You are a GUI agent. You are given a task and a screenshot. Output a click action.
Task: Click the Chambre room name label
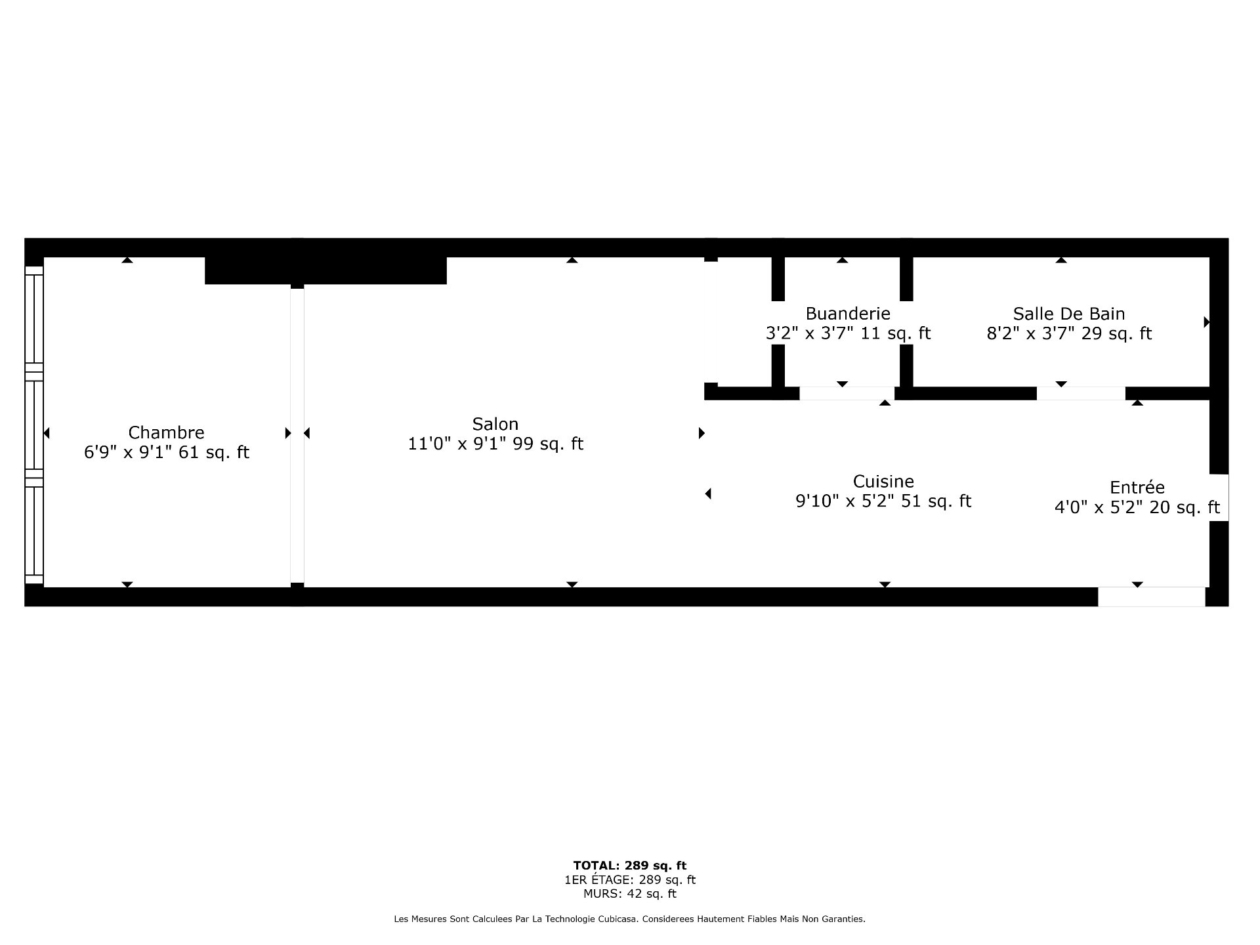click(x=166, y=432)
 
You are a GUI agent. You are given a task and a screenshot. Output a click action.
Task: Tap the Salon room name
click(x=495, y=424)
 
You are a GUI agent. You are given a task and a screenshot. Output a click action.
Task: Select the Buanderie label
click(x=848, y=314)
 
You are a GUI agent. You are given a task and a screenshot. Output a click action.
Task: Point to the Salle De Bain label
click(x=1069, y=314)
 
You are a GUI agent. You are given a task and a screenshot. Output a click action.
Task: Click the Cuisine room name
click(x=883, y=481)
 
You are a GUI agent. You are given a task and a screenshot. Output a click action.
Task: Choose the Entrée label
click(x=1137, y=487)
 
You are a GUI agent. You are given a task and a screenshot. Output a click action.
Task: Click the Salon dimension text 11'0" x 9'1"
click(x=457, y=444)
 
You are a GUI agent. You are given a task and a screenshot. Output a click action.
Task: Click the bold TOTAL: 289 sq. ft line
click(x=630, y=866)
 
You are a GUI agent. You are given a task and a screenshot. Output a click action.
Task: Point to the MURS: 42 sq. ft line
click(x=630, y=894)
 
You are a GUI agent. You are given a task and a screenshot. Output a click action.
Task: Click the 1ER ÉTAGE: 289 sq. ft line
click(x=630, y=880)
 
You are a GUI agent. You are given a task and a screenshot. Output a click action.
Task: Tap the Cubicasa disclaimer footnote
click(x=630, y=919)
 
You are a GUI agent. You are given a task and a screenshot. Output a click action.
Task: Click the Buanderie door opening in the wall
click(x=847, y=394)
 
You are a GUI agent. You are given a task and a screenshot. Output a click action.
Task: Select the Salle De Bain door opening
click(x=1081, y=394)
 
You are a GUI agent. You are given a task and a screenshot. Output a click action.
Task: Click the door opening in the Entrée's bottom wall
click(x=1152, y=597)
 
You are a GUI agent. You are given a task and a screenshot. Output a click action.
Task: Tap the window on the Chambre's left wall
click(x=34, y=425)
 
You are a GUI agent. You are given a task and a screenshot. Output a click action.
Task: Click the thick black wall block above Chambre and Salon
click(x=326, y=270)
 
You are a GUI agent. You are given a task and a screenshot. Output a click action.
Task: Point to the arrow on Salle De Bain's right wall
click(x=1206, y=322)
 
